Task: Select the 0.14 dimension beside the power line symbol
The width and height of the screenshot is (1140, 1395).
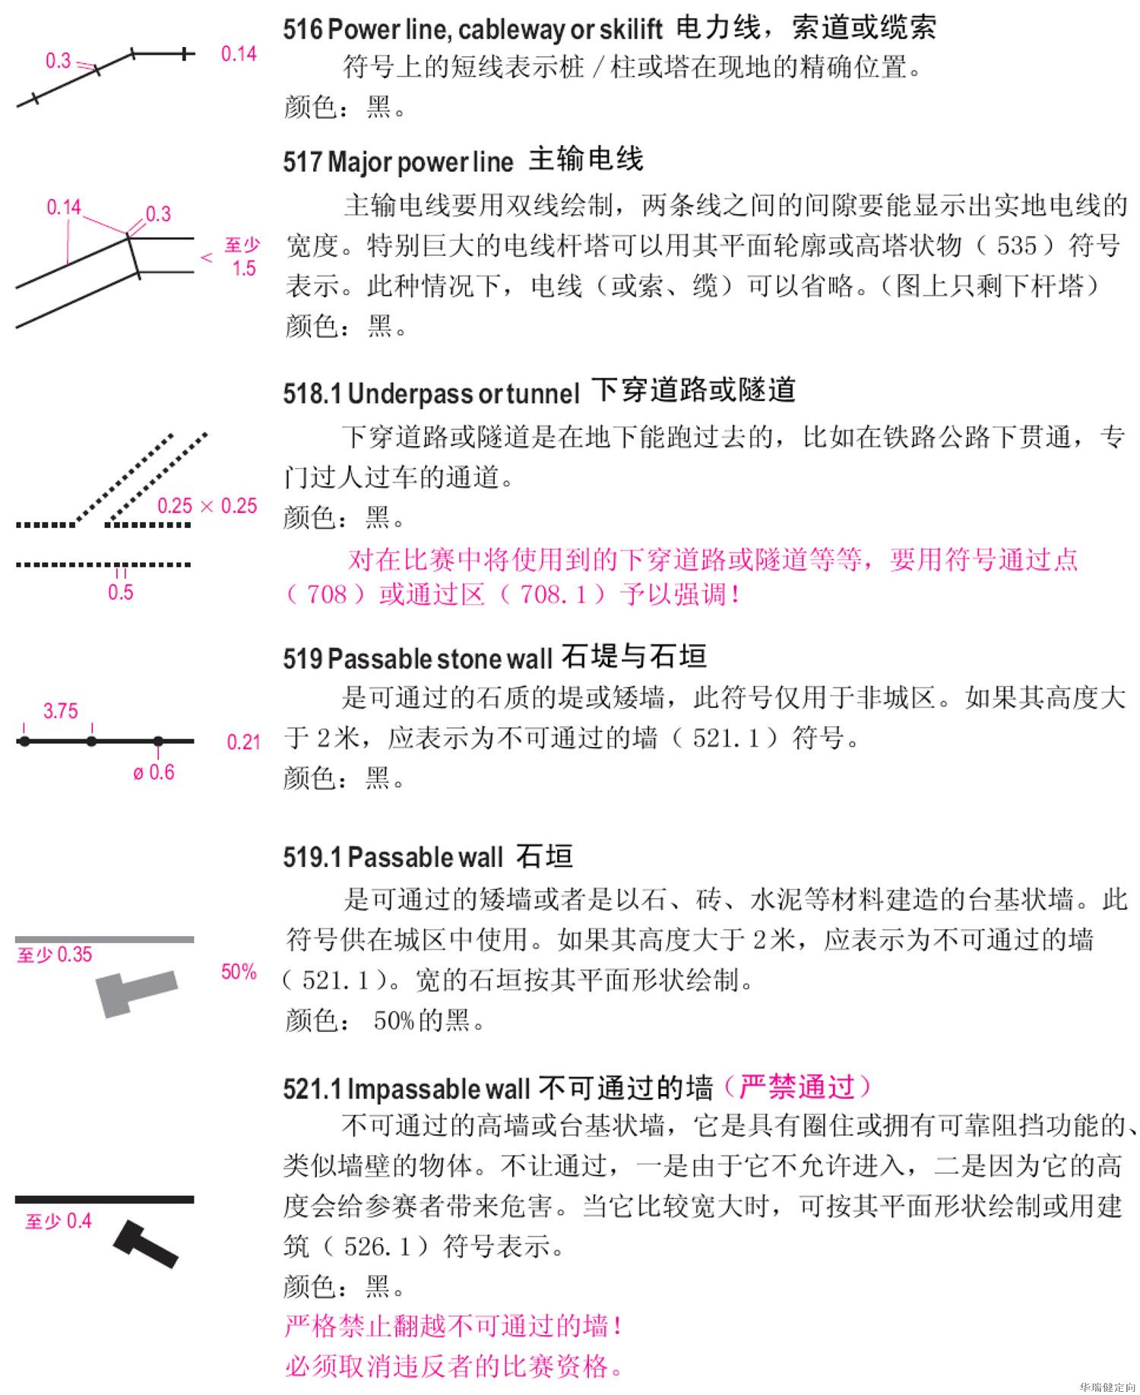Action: coord(239,54)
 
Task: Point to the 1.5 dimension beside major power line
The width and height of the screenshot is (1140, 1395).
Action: coord(244,268)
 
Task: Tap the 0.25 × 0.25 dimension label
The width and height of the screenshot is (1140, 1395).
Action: coord(207,506)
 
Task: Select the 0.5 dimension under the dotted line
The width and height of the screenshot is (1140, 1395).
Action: coord(120,593)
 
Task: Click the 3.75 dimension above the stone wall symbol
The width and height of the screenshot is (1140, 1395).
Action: coord(60,711)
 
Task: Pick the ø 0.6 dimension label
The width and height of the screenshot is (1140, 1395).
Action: coord(154,773)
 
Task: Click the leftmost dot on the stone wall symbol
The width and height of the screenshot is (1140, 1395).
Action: coord(24,741)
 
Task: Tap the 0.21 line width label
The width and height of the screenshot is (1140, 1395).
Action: coord(243,742)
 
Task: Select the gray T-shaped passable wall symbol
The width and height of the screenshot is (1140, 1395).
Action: coord(135,992)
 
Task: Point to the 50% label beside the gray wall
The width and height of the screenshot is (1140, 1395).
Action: coord(239,972)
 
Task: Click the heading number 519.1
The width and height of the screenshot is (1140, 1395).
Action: coord(312,858)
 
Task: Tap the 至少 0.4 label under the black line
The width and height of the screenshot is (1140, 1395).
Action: coord(58,1222)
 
